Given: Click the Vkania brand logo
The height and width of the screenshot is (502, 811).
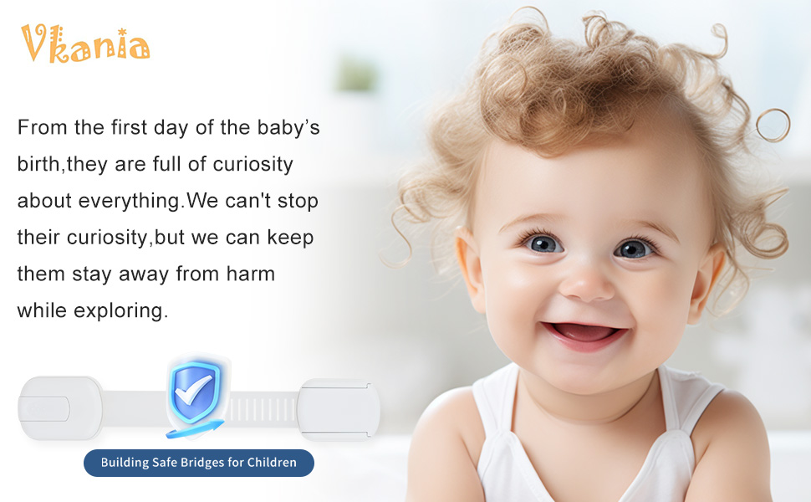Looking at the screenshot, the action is pos(85,44).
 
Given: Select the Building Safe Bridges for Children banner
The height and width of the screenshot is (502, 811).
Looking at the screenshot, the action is pos(199,463).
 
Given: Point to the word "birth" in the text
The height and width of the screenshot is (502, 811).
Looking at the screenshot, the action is pos(38,164).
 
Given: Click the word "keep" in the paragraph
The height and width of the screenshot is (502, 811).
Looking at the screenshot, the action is pos(290,238).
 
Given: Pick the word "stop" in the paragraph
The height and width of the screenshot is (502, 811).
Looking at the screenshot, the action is pos(298,202).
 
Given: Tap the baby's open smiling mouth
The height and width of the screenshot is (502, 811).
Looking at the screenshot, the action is pos(584,334).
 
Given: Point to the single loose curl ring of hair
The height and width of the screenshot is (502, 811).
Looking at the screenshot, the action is pos(773,125).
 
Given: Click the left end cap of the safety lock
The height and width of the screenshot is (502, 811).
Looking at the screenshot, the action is pos(60,408).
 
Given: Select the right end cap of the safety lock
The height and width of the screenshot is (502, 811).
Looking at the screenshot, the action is pos(339,409).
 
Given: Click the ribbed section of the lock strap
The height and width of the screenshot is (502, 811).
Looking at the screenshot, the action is pos(263,409).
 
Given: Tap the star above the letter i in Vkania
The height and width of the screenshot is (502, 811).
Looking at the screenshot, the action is pos(122,32).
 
